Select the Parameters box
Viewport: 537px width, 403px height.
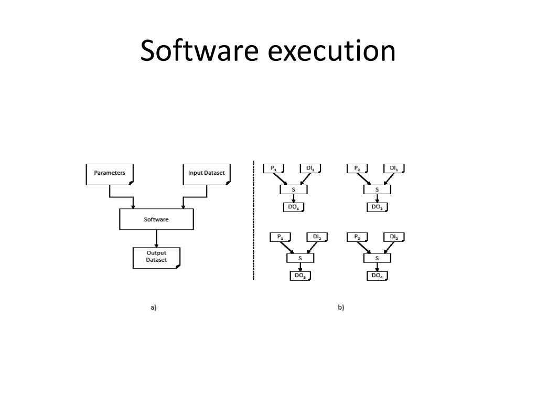(x=110, y=174)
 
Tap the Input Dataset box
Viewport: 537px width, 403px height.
(x=206, y=174)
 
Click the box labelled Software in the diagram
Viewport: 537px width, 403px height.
(x=156, y=219)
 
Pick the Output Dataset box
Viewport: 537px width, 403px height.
(x=156, y=257)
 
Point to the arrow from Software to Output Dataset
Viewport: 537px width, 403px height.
(x=156, y=239)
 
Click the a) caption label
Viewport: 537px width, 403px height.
(x=154, y=307)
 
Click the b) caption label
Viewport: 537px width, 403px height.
(x=341, y=307)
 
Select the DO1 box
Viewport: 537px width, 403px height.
(x=294, y=207)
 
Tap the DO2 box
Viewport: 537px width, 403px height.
(x=377, y=207)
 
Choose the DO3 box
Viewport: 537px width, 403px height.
(x=300, y=275)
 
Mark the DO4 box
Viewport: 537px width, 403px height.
(x=377, y=275)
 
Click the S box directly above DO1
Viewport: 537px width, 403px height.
(x=293, y=189)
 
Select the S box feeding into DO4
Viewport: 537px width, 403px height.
(x=377, y=258)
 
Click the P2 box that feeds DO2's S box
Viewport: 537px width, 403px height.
(x=357, y=168)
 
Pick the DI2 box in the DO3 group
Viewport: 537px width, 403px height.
(x=317, y=237)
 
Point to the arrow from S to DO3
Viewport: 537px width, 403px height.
(x=300, y=267)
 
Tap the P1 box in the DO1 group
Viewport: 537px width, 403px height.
(x=273, y=168)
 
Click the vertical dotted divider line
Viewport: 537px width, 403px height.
(x=254, y=220)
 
